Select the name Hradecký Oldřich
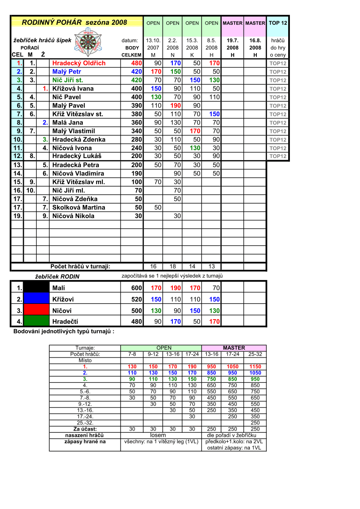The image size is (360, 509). pyautogui.click(x=79, y=63)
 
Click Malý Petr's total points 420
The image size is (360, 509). pyautogui.click(x=136, y=71)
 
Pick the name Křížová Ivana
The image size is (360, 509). pyautogui.click(x=73, y=88)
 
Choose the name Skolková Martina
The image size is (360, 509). pyautogui.click(x=74, y=207)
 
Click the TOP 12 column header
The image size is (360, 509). pyautogui.click(x=278, y=23)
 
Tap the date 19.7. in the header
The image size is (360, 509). pyautogui.click(x=232, y=40)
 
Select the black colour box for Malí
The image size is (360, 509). pyautogui.click(x=36, y=287)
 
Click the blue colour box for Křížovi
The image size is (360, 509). pyautogui.click(x=36, y=299)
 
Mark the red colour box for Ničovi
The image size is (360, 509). pyautogui.click(x=36, y=310)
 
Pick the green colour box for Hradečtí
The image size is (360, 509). pyautogui.click(x=36, y=321)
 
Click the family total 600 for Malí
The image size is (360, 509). pyautogui.click(x=136, y=288)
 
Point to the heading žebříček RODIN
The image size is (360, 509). pyautogui.click(x=57, y=276)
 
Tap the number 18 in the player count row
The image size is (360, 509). pyautogui.click(x=173, y=266)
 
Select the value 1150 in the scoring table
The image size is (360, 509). pyautogui.click(x=255, y=367)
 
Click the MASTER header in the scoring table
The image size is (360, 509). pyautogui.click(x=234, y=348)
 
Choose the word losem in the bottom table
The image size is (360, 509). pyautogui.click(x=158, y=435)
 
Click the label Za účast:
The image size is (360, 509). pyautogui.click(x=85, y=429)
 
